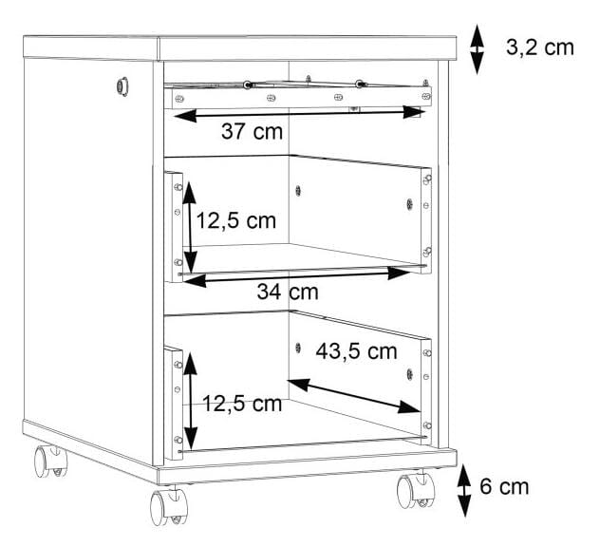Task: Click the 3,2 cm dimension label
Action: [x=540, y=47]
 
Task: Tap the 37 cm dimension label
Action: [x=252, y=131]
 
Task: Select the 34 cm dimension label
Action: [x=288, y=292]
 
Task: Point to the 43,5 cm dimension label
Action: [x=356, y=351]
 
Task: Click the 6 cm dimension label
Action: [x=504, y=486]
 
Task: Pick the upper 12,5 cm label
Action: [x=236, y=221]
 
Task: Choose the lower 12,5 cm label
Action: [x=242, y=404]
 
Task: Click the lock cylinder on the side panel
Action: [x=122, y=86]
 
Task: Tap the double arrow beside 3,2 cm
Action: [x=477, y=49]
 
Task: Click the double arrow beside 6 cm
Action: [x=464, y=490]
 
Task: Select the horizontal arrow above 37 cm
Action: [x=299, y=113]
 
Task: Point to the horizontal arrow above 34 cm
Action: [x=296, y=276]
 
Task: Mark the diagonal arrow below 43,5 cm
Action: [x=353, y=396]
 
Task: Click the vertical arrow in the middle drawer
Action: [x=190, y=228]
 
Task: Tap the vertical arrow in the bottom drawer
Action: [x=191, y=402]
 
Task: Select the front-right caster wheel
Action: [x=416, y=490]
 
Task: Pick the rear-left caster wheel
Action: [x=50, y=461]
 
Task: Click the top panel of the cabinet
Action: [x=240, y=47]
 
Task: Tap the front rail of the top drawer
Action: [x=298, y=97]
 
